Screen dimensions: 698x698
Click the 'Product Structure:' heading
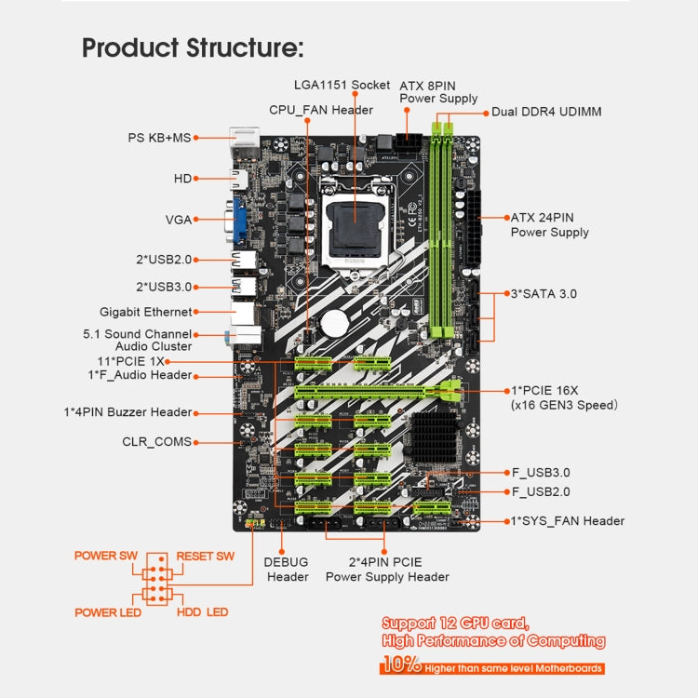point(193,47)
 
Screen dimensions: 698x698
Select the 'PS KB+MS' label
point(158,138)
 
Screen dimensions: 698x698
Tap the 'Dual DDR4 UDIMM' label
point(546,112)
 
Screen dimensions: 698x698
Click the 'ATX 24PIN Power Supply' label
point(550,224)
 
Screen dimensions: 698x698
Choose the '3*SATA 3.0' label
point(544,293)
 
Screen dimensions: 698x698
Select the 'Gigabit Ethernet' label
point(145,312)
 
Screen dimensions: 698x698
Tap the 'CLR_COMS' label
point(156,442)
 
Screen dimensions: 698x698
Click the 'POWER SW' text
point(106,556)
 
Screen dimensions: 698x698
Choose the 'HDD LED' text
point(202,612)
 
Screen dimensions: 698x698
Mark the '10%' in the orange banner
point(399,664)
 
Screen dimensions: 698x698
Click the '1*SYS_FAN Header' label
point(567,521)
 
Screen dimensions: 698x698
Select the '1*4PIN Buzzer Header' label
point(128,411)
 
